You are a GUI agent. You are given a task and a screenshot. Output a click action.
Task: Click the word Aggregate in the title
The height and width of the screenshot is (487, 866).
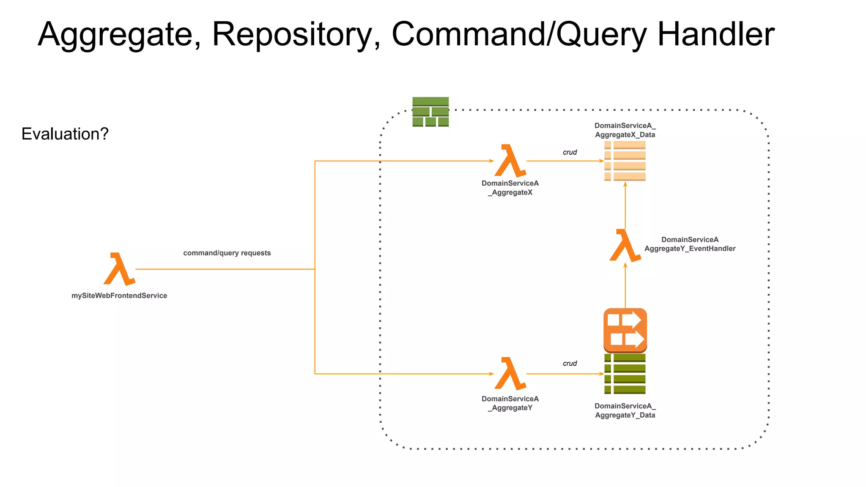115,35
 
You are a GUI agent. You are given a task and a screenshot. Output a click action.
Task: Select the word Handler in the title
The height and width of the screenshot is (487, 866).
715,35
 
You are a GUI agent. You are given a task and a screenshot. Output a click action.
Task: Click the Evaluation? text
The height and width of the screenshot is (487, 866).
65,134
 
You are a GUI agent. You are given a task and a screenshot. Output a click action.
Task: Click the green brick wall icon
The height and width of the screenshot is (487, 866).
430,112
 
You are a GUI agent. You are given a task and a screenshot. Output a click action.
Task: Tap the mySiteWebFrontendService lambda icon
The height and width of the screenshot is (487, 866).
119,269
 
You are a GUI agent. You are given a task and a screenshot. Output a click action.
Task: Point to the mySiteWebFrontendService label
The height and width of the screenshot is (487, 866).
119,295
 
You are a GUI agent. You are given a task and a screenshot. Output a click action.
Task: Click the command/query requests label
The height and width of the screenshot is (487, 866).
227,253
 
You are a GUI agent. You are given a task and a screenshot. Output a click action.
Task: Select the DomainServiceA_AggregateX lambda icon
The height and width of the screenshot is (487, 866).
510,161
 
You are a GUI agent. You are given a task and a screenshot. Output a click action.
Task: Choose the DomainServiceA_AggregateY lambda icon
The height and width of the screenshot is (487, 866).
510,373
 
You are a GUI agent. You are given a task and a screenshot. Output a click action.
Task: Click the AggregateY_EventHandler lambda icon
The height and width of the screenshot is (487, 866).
625,246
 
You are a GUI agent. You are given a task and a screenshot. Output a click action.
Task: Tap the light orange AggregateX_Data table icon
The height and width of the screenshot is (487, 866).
625,161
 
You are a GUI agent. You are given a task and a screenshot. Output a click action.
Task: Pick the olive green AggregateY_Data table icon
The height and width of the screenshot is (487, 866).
625,374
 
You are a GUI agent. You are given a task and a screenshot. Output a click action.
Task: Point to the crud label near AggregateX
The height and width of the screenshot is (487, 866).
570,152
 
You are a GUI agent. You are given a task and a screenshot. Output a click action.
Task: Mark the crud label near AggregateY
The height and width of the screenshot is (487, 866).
570,364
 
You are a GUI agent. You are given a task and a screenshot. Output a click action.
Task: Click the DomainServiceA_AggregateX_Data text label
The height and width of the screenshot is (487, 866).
625,130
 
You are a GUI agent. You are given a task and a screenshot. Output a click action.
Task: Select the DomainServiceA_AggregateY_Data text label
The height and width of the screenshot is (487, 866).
625,410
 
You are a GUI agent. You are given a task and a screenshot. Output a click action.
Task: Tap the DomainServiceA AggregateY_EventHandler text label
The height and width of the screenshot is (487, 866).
690,244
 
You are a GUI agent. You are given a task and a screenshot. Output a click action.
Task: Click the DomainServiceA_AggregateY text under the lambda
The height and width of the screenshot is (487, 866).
510,403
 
